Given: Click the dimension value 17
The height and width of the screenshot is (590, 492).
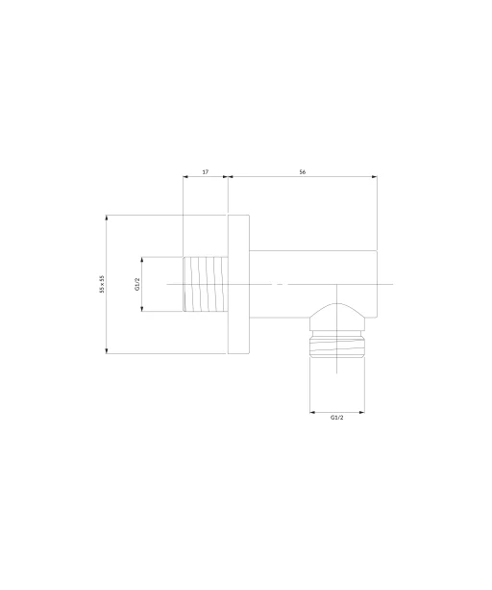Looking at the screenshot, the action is (x=206, y=172).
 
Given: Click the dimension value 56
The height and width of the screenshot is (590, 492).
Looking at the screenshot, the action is (x=303, y=172).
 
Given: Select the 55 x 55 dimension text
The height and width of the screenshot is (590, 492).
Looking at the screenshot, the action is (x=102, y=284).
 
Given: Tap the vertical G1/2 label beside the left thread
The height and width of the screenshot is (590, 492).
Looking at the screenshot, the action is (x=137, y=284).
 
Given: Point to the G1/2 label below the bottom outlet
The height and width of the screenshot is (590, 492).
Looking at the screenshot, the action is (x=337, y=417).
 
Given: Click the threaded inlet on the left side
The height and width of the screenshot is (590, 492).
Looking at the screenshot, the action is (x=206, y=284).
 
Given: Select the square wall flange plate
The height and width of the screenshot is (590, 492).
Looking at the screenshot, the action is (x=238, y=284).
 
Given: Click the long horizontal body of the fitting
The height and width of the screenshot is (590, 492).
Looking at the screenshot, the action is (x=313, y=284).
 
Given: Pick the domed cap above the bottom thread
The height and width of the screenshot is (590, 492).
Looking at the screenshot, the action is (x=337, y=317).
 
